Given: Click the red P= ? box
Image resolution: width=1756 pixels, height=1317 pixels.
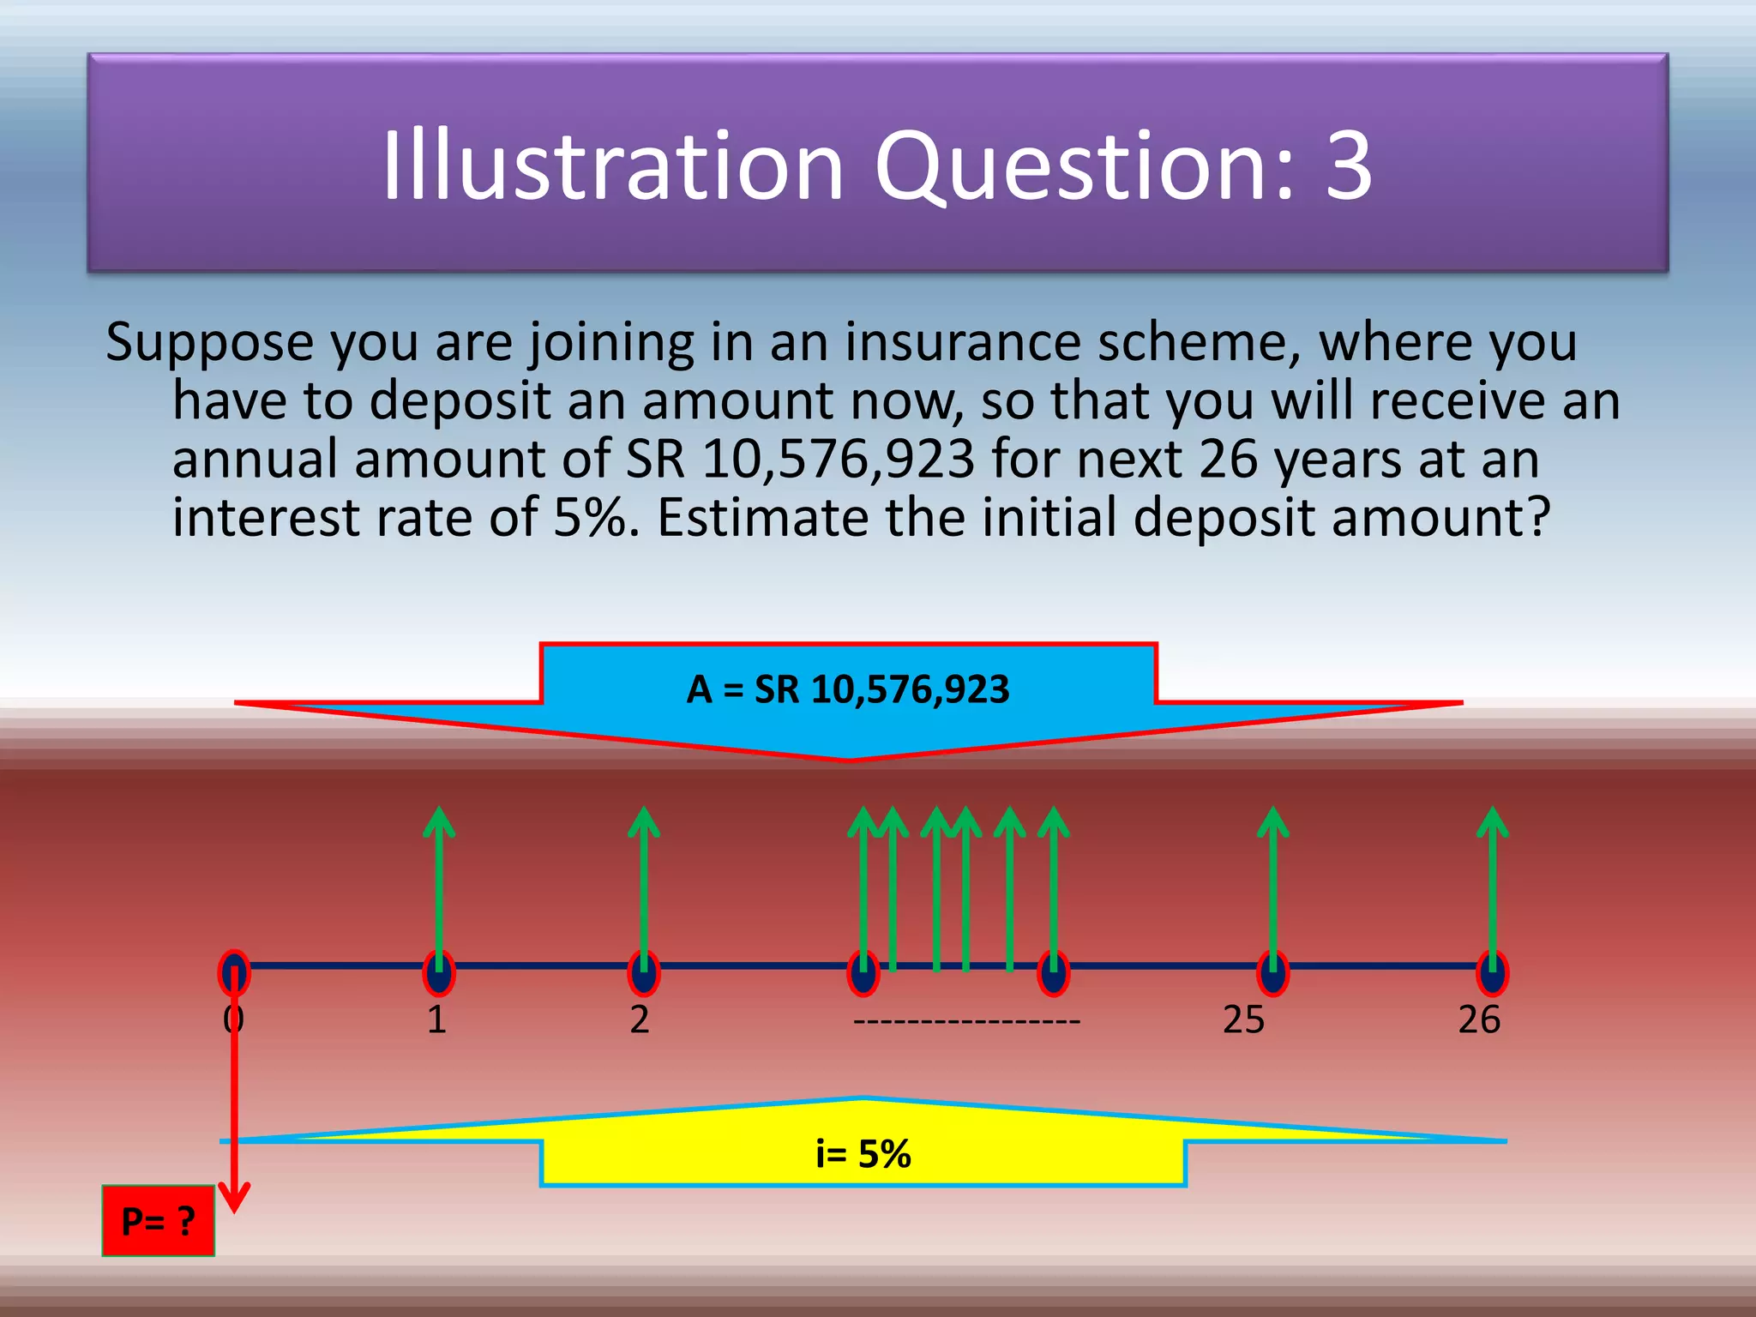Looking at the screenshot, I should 158,1220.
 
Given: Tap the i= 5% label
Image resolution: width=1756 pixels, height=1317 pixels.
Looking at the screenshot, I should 863,1154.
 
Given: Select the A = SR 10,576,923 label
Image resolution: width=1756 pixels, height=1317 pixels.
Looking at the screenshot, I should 848,689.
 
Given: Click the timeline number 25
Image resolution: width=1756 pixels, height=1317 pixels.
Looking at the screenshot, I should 1243,1020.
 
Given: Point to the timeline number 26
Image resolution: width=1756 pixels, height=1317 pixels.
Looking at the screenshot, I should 1479,1020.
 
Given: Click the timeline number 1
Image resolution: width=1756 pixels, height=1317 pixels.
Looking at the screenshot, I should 436,1020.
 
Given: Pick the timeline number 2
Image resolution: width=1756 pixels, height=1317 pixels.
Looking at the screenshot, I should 640,1020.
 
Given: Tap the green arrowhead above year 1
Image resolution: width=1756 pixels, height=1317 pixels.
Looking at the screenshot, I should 439,820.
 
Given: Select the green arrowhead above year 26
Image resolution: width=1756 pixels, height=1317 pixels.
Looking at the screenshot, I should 1493,820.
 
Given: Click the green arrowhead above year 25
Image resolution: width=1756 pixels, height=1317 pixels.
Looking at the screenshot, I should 1273,820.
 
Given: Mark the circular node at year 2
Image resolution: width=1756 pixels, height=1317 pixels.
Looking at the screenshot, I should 643,973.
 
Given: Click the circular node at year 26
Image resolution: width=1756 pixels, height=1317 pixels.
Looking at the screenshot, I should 1493,973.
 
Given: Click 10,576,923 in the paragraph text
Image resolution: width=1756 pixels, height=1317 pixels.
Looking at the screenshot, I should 838,460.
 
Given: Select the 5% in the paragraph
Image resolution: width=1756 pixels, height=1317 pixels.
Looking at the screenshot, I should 590,518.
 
